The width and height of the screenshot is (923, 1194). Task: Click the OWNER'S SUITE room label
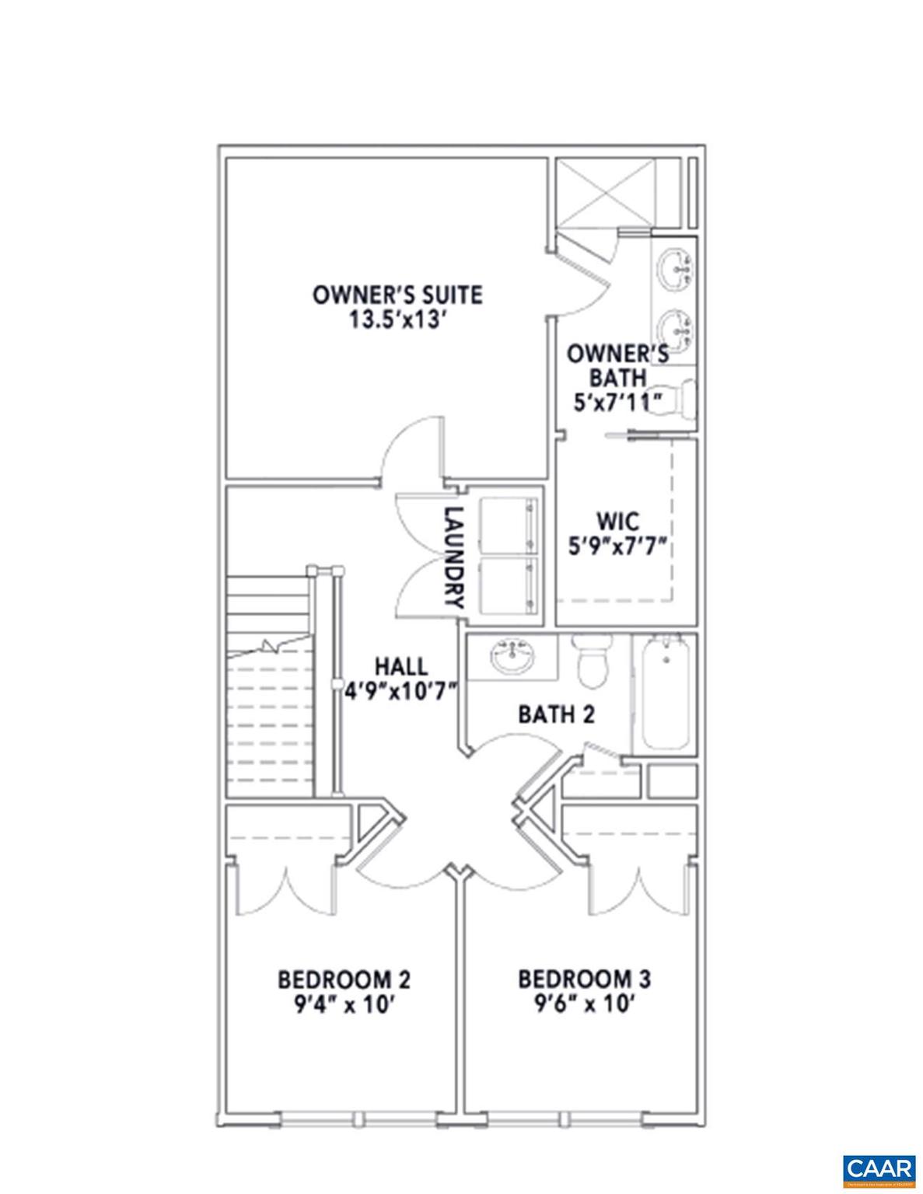[397, 295]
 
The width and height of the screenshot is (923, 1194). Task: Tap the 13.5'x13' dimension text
[397, 319]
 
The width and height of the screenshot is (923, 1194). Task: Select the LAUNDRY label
[454, 557]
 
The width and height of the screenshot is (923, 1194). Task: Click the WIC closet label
[618, 520]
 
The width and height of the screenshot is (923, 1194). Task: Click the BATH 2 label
[556, 714]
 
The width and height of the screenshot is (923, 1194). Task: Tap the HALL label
[400, 666]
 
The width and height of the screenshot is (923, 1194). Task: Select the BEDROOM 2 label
[344, 979]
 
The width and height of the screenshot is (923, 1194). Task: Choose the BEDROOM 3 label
[585, 979]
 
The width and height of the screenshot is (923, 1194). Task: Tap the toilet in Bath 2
[593, 662]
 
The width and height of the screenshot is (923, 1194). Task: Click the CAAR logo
[879, 1168]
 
